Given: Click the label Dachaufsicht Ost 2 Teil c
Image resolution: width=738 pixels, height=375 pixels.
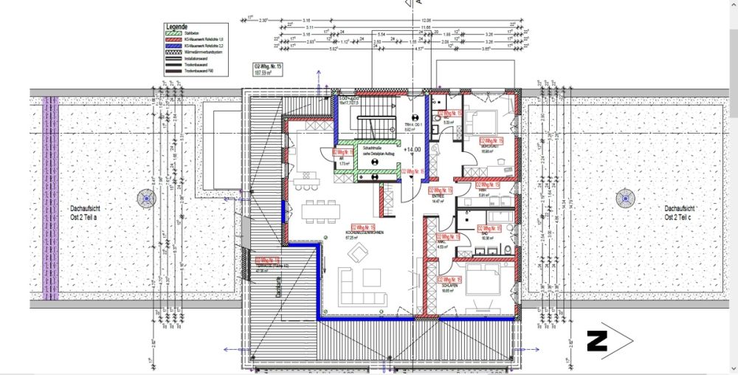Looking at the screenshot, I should click(680, 213).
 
